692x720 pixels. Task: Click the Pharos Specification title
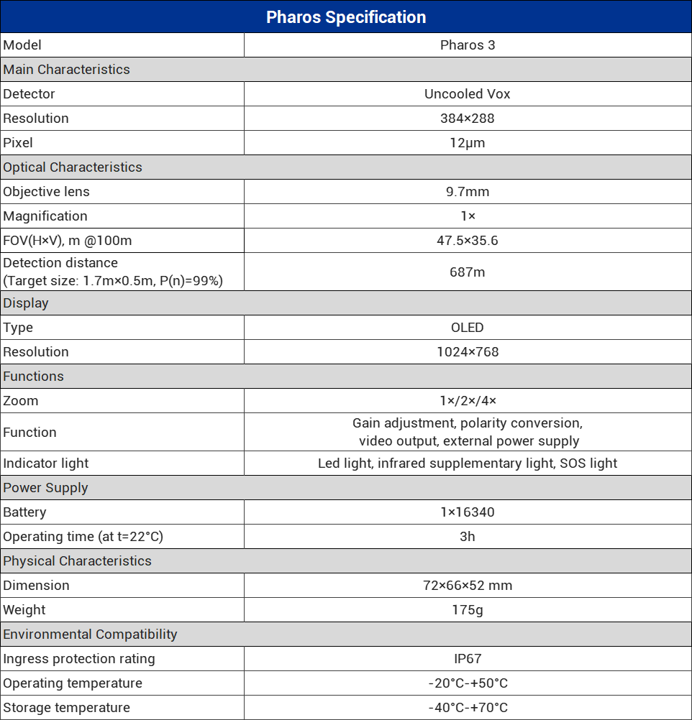346,17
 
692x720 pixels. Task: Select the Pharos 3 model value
468,45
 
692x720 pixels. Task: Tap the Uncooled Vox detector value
468,94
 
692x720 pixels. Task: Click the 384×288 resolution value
468,119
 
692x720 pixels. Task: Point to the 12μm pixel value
468,143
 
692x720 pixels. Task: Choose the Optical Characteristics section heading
73,167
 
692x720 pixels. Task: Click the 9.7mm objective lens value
468,192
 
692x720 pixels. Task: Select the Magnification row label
45,216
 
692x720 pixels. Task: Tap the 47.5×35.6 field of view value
468,241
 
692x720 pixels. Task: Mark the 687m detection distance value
468,272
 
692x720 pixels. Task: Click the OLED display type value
468,328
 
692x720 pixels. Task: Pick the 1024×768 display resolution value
468,352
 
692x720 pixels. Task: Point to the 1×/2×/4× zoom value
468,401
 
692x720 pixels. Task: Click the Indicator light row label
46,463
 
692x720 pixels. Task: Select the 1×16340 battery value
468,512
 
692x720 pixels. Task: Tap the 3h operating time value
468,537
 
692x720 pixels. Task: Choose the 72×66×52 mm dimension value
468,586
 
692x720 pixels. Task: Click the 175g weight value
468,610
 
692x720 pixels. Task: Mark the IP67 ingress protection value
468,659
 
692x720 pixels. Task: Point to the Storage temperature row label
67,708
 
